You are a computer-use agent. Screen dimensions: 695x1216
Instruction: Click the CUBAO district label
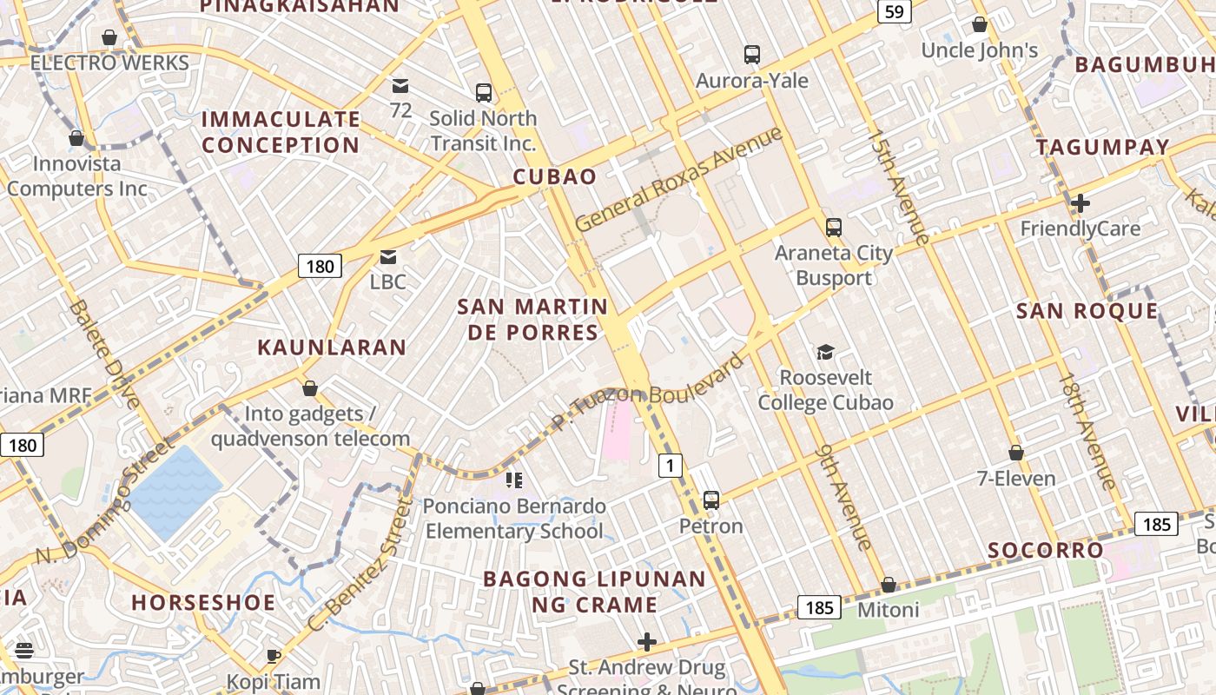pyautogui.click(x=555, y=177)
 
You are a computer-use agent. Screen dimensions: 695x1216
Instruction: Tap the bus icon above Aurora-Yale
pyautogui.click(x=752, y=55)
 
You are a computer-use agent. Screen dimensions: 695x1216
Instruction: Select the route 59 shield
pyautogui.click(x=894, y=11)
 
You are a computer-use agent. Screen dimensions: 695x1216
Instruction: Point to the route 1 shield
pyautogui.click(x=669, y=466)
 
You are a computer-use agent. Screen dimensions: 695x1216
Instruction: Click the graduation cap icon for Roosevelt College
pyautogui.click(x=825, y=352)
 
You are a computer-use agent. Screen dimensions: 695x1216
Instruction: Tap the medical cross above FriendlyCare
pyautogui.click(x=1081, y=203)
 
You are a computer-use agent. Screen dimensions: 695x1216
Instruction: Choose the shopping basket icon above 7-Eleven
pyautogui.click(x=1015, y=453)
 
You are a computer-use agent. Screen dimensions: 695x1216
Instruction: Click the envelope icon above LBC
pyautogui.click(x=387, y=257)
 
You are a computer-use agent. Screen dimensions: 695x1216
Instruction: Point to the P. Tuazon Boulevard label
pyautogui.click(x=647, y=393)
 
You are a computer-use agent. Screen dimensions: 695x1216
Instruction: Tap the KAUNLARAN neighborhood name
pyautogui.click(x=332, y=347)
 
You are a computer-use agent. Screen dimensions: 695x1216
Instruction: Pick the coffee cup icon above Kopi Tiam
pyautogui.click(x=273, y=656)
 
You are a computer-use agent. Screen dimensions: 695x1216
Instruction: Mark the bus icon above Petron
pyautogui.click(x=711, y=500)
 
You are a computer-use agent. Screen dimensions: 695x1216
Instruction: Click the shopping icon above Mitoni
pyautogui.click(x=888, y=585)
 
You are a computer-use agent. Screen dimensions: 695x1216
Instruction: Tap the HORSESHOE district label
pyautogui.click(x=203, y=602)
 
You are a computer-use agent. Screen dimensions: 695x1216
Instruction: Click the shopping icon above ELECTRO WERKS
pyautogui.click(x=109, y=37)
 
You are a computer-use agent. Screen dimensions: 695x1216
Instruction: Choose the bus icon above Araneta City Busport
pyautogui.click(x=834, y=228)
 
